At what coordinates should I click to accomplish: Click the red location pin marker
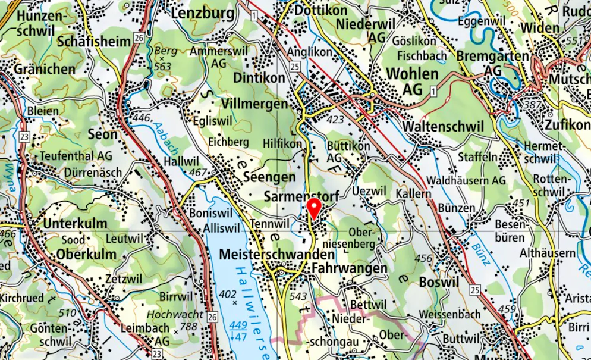(314, 209)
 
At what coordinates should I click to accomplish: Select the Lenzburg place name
(200, 12)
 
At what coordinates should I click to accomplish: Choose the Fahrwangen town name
(350, 269)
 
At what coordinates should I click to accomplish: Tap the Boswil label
(439, 281)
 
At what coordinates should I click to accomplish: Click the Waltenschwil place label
(443, 127)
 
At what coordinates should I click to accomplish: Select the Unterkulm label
(76, 224)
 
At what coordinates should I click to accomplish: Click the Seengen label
(269, 178)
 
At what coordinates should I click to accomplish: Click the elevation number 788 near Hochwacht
(189, 326)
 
